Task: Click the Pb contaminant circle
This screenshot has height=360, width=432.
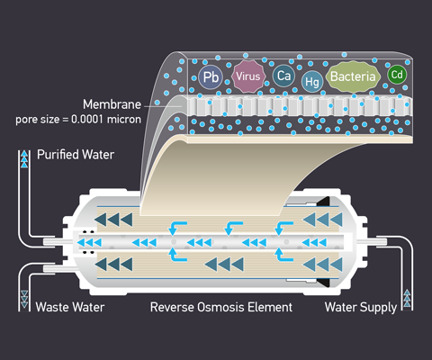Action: point(211,77)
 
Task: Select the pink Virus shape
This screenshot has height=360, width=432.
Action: point(248,76)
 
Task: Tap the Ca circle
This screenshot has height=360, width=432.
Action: point(283,76)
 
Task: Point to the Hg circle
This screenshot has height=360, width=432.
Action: point(312,81)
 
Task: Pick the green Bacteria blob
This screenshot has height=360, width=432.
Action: point(353,76)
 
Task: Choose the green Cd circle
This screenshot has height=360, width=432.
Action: point(397,75)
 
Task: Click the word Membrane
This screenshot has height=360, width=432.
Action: point(112,104)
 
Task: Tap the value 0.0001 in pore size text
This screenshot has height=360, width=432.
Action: point(87,120)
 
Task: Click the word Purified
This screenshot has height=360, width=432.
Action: point(58,155)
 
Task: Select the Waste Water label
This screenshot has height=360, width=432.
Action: point(70,307)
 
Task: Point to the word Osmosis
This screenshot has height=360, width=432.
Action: point(219,307)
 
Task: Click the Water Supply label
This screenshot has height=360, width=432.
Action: point(361,308)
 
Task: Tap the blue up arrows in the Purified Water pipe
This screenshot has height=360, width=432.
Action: point(24,159)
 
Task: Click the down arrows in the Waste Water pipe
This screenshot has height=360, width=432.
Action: point(24,299)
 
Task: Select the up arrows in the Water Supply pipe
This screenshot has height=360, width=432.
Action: point(407,298)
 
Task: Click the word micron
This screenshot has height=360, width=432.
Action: point(124,120)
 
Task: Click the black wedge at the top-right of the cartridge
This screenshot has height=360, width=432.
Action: point(323,202)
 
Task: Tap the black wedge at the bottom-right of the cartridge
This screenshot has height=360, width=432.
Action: point(323,283)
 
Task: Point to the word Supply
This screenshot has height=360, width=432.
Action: point(379,308)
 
